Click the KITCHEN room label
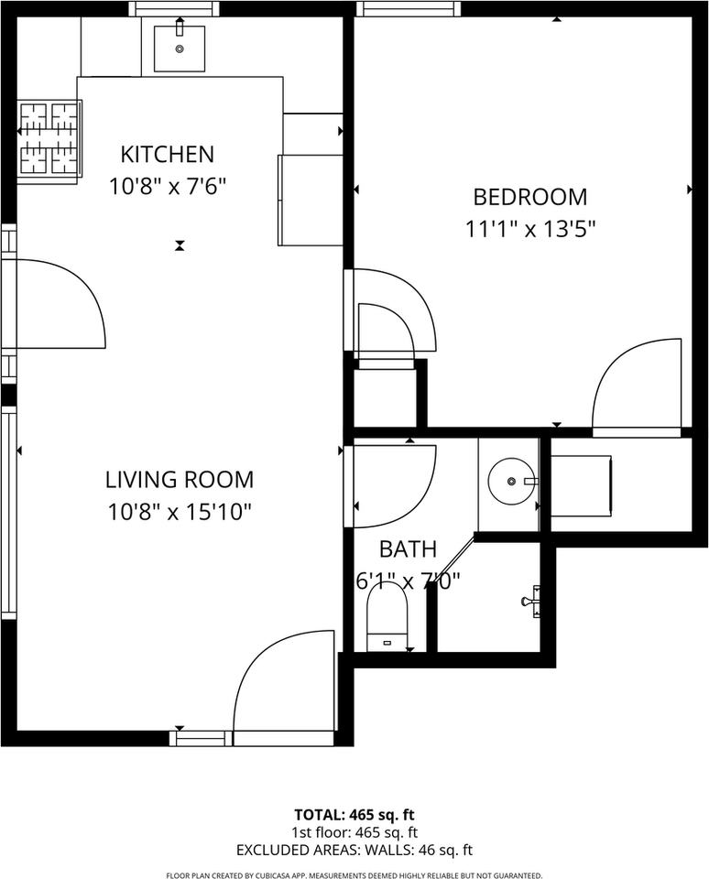pos(168,154)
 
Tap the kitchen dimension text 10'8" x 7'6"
pos(168,187)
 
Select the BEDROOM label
pos(529,197)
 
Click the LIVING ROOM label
pos(179,479)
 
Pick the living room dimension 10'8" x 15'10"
pos(179,512)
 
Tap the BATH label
pos(408,549)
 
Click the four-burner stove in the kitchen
pos(49,138)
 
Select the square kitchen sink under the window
pos(179,48)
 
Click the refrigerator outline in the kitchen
pos(310,200)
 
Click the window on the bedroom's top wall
pos(406,9)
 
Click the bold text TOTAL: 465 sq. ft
pos(354,814)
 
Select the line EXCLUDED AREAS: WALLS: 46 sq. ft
pos(354,850)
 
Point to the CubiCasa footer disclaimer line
pos(354,874)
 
